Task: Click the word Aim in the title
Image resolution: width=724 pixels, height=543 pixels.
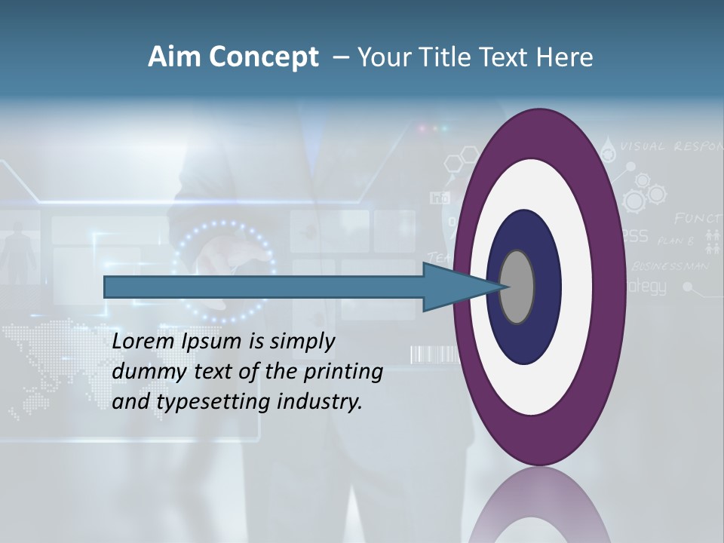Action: (x=174, y=57)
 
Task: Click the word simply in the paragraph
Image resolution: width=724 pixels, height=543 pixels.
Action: (x=302, y=342)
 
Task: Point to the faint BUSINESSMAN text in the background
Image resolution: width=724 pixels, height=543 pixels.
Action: (x=670, y=265)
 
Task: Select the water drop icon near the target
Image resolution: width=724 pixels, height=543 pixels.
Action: (x=609, y=147)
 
